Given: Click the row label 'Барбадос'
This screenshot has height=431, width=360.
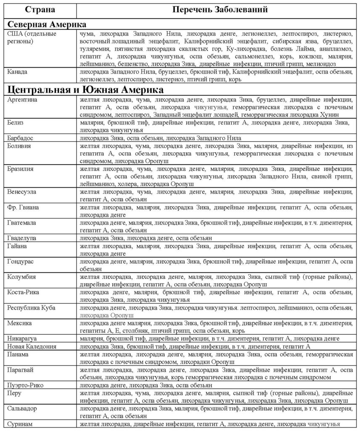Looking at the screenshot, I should click(21, 138).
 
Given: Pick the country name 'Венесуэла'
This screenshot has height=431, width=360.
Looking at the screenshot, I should click(22, 192).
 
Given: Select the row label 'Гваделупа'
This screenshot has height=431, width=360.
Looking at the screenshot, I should click(22, 238).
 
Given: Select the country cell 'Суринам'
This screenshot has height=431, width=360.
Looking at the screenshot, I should click(20, 424).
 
